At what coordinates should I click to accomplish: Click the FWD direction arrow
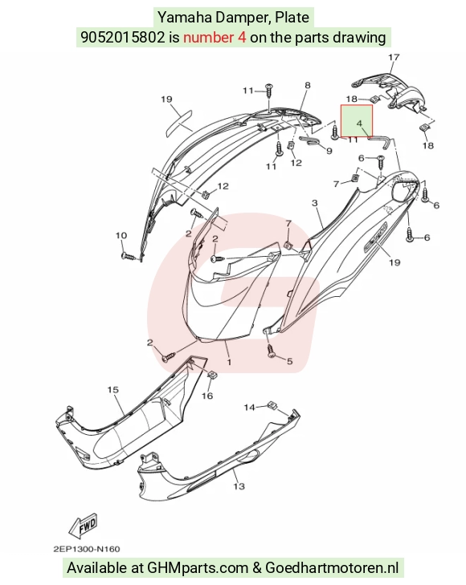point(84,526)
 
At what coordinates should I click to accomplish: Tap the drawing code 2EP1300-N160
point(87,549)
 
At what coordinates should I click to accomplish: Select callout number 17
point(394,58)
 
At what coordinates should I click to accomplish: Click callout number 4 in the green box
point(359,123)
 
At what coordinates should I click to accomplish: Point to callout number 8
point(307,85)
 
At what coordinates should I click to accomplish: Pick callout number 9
point(329,151)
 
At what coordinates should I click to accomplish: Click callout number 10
point(121,235)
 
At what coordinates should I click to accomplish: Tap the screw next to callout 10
point(130,257)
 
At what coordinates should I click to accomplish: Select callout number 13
point(239,486)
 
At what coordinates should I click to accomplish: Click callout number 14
point(249,407)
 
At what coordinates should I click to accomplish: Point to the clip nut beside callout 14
point(272,405)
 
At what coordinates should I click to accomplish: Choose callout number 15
point(112,390)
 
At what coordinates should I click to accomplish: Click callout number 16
point(207,396)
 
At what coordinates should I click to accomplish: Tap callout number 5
point(290,361)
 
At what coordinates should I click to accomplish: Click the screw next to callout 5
point(272,351)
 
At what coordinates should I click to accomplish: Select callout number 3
point(315,203)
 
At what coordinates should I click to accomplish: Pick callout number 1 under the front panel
point(229,362)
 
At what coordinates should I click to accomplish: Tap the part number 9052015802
point(122,37)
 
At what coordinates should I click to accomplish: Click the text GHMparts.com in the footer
point(198,568)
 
